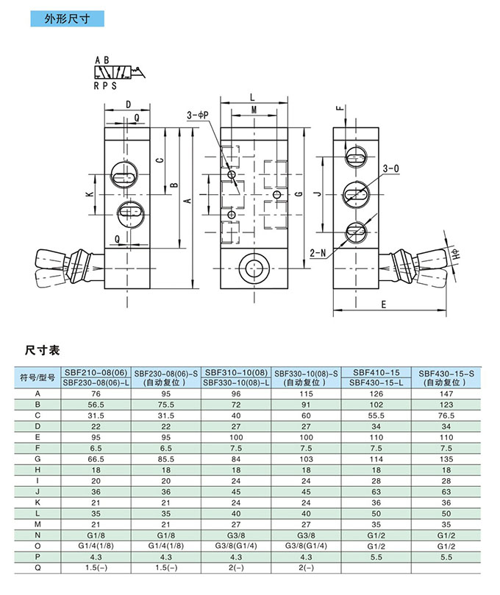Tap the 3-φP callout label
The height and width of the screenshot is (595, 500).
coord(199,114)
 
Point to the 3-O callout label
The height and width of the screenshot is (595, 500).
coord(390,168)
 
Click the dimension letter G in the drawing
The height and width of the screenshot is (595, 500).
coord(298,193)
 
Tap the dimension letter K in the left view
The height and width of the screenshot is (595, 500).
coord(87,194)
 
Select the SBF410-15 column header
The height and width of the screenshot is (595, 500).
coord(376,372)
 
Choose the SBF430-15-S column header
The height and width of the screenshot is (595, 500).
coord(446,372)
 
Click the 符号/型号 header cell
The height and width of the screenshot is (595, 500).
coord(37,377)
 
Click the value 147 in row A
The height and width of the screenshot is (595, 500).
coord(446,394)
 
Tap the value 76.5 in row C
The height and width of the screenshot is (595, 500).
coord(446,416)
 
